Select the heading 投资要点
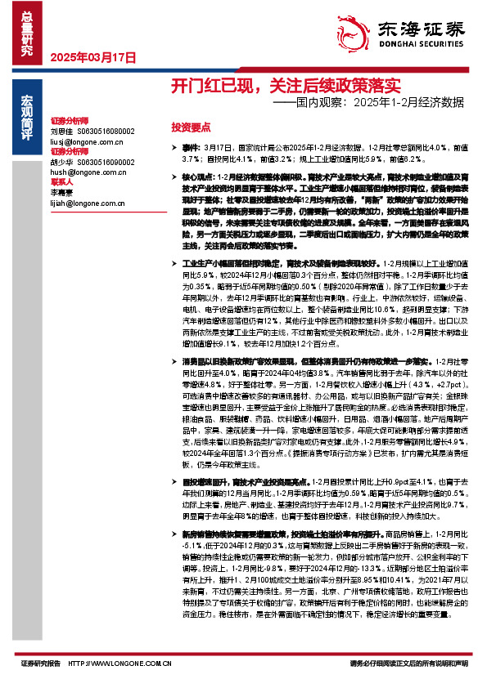[191, 127]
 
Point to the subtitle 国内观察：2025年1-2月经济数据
[368, 104]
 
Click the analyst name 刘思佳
[61, 131]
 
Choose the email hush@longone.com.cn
[83, 172]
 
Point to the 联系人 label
[61, 182]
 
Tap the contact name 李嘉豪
[61, 192]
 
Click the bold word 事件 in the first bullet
[190, 149]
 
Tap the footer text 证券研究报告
[40, 663]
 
